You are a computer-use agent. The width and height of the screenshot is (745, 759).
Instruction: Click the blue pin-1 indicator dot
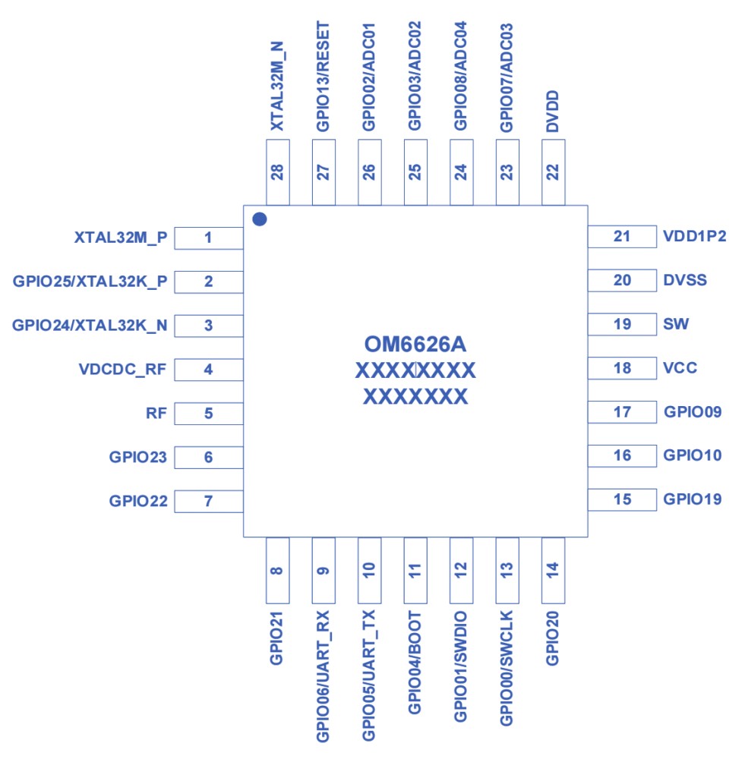coord(260,219)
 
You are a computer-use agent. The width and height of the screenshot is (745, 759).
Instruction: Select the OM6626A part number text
coord(415,345)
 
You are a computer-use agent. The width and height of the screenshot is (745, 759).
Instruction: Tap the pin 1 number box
coord(209,238)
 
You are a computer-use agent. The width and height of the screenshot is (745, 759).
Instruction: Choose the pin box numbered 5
coord(209,414)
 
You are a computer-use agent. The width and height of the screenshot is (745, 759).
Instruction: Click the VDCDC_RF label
coord(122,370)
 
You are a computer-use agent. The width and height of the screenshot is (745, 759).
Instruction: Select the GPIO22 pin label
coord(137,501)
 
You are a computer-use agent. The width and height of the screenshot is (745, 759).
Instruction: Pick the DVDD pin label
coord(553,112)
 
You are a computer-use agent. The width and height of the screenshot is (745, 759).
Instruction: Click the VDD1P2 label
coord(695,236)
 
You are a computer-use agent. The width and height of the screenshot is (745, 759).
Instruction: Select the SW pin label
coord(676,324)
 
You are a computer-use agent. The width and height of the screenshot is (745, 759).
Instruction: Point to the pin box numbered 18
coord(622,368)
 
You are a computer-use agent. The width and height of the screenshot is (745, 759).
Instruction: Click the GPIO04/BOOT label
coord(415,660)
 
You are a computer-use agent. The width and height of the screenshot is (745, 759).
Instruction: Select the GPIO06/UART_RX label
coord(324,675)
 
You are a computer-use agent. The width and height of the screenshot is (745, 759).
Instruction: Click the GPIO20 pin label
coord(553,635)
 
